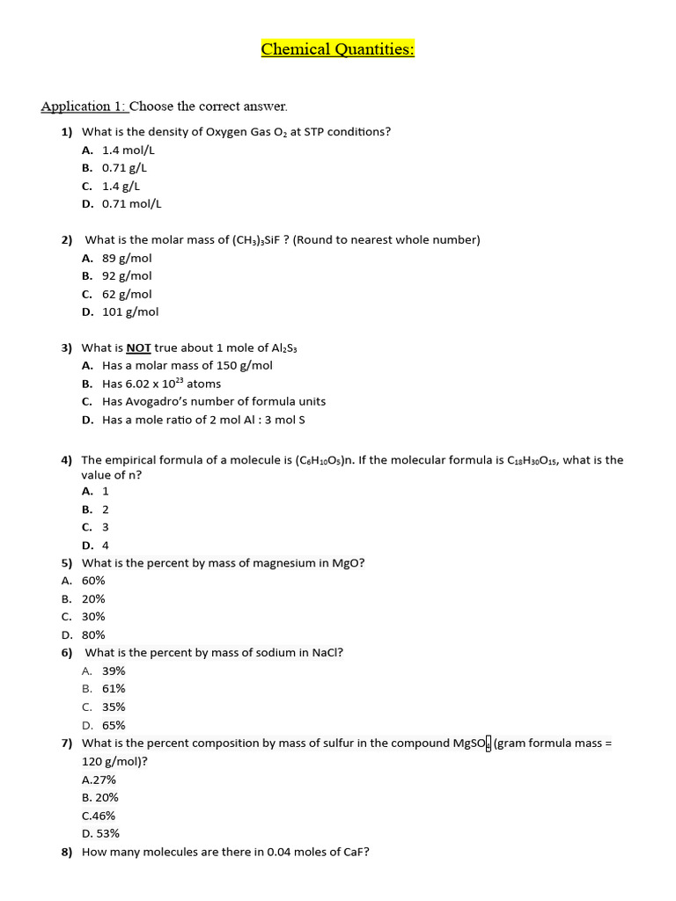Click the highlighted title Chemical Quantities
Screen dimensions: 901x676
pos(337,49)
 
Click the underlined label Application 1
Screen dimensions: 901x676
pos(84,106)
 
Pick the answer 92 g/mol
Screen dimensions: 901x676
pos(127,275)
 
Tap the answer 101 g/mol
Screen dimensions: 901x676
pos(130,311)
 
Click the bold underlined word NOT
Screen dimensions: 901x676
pos(139,348)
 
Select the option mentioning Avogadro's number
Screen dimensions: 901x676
pos(214,401)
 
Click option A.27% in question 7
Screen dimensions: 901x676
pos(99,780)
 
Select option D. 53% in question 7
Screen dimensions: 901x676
pos(100,833)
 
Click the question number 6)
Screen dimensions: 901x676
pos(67,653)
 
